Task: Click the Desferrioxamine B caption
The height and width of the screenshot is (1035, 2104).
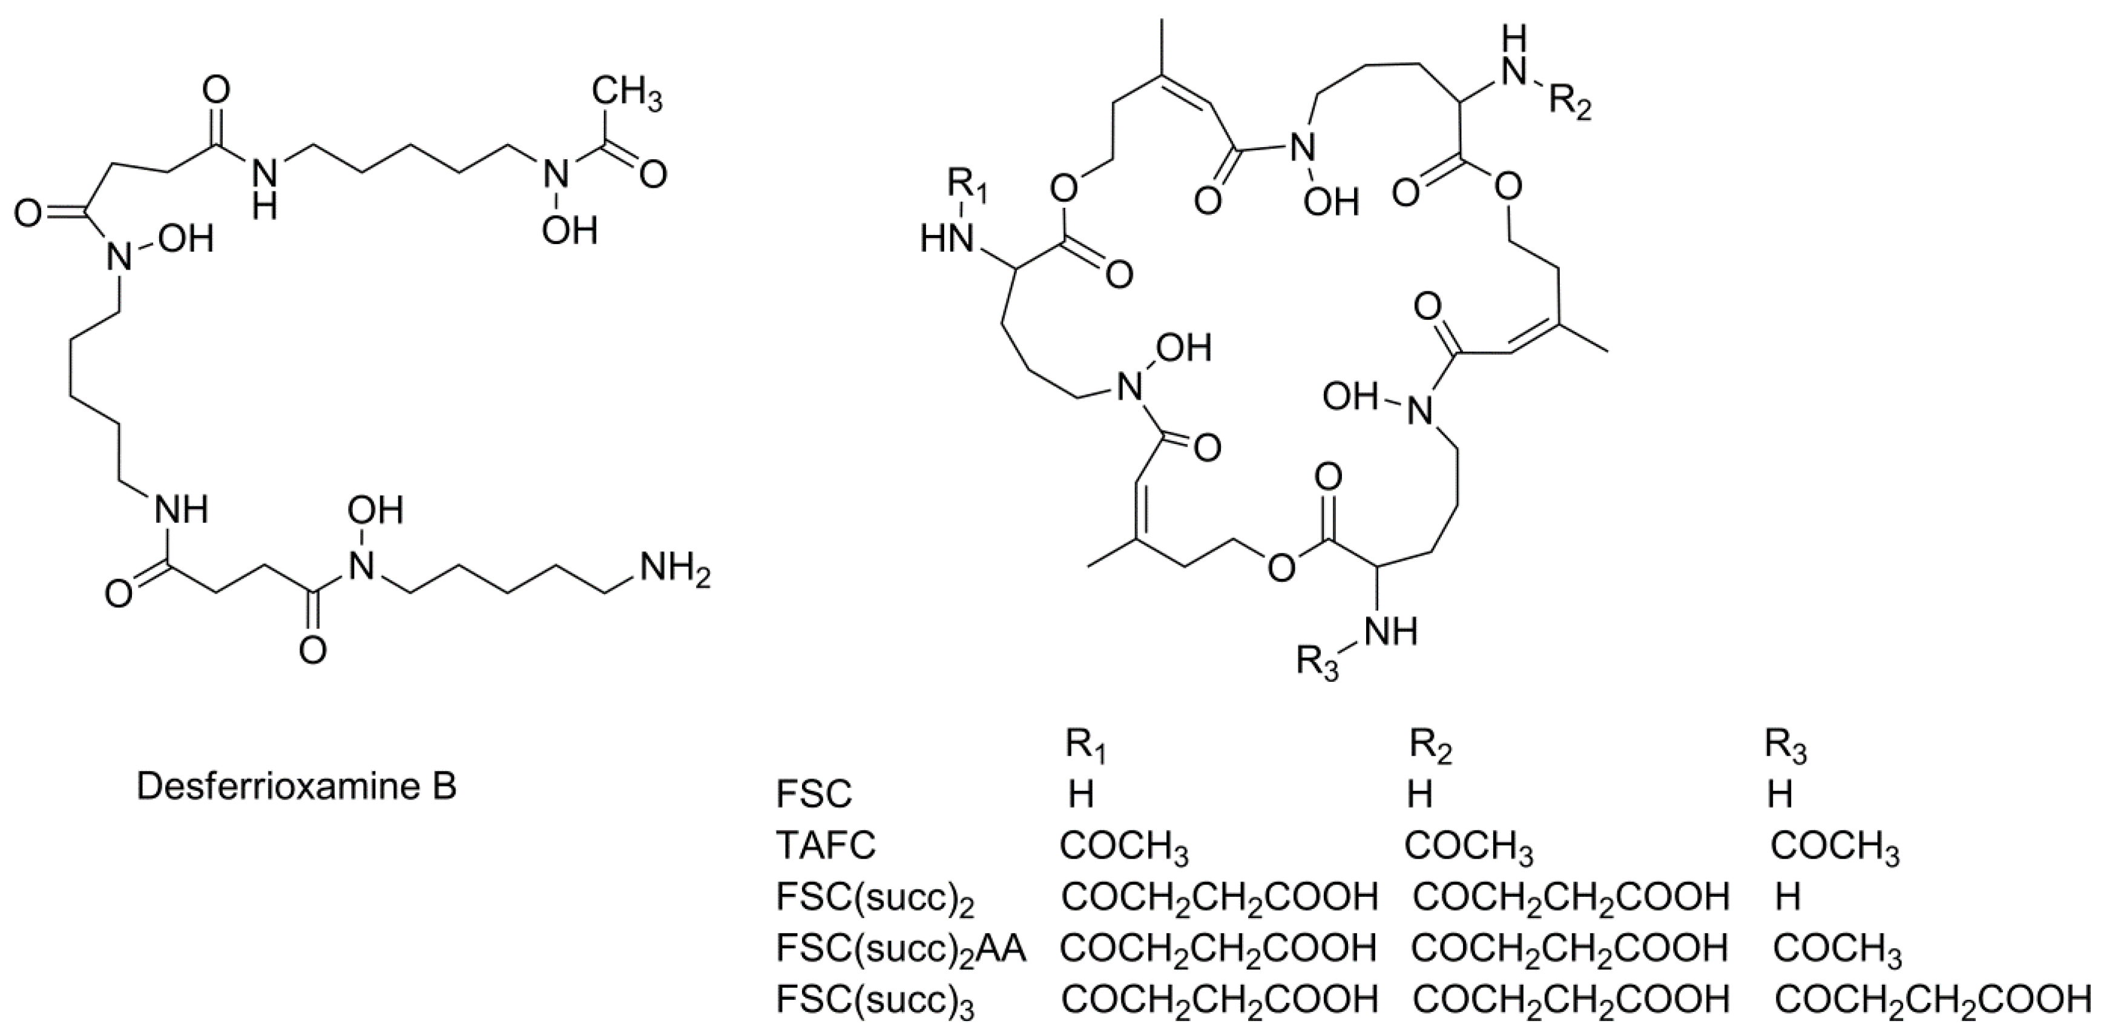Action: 297,786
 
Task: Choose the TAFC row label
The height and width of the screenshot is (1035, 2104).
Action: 826,845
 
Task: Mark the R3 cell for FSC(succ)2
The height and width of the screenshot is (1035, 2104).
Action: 1788,897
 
